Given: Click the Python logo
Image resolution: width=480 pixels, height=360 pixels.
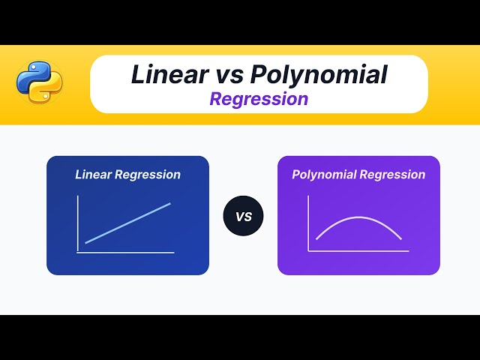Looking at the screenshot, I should (x=39, y=82).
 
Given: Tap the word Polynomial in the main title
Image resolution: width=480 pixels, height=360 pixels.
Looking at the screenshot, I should (x=319, y=74).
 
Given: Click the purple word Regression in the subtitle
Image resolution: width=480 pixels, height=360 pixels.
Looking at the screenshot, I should (x=259, y=99).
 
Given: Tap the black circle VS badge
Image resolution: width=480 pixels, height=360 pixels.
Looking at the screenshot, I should (x=243, y=217).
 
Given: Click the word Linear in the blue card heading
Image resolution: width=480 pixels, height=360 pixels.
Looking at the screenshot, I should (x=93, y=175).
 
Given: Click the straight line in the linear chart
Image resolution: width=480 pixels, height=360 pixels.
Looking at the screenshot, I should (x=127, y=223).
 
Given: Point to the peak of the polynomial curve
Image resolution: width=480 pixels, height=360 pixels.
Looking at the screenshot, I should (x=358, y=217).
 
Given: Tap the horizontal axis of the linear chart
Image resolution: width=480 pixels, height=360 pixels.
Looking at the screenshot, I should (x=125, y=253).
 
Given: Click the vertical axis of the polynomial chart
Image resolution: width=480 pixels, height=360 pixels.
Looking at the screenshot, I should (x=308, y=223).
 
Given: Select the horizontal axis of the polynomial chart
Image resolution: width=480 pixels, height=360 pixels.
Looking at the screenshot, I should (x=358, y=251).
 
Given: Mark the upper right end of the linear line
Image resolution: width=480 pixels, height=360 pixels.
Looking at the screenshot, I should (x=170, y=203).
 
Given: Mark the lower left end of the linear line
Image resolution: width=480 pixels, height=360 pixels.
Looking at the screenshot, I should (x=85, y=243).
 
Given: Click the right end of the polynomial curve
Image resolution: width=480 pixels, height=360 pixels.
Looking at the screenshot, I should (x=401, y=239).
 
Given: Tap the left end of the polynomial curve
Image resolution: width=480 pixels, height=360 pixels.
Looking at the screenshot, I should (x=316, y=239).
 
